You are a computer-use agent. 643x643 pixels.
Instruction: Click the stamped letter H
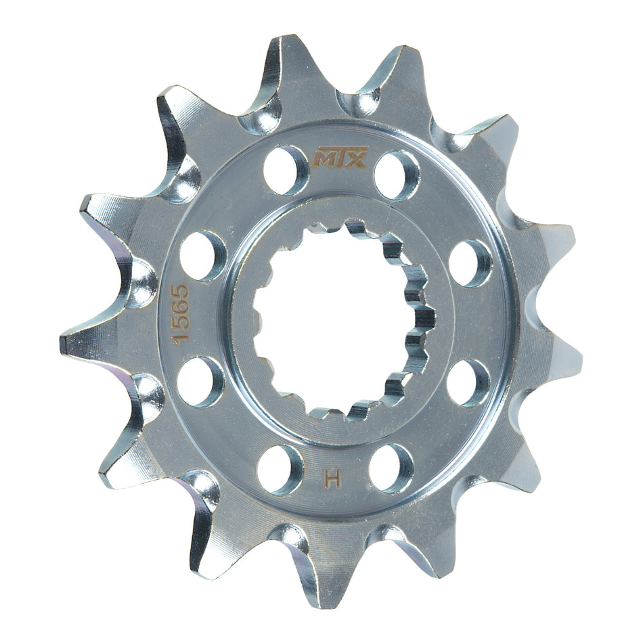click(332, 479)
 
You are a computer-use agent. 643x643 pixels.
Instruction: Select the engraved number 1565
click(181, 315)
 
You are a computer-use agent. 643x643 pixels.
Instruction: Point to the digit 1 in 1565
click(181, 338)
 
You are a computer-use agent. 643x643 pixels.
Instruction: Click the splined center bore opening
click(332, 318)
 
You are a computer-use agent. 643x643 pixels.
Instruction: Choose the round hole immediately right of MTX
click(397, 175)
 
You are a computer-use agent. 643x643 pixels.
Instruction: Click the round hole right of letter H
click(392, 467)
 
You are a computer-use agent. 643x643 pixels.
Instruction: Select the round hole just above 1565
click(202, 255)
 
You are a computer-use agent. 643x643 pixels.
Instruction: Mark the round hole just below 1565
click(200, 381)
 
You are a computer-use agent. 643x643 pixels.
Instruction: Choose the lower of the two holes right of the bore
click(468, 382)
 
